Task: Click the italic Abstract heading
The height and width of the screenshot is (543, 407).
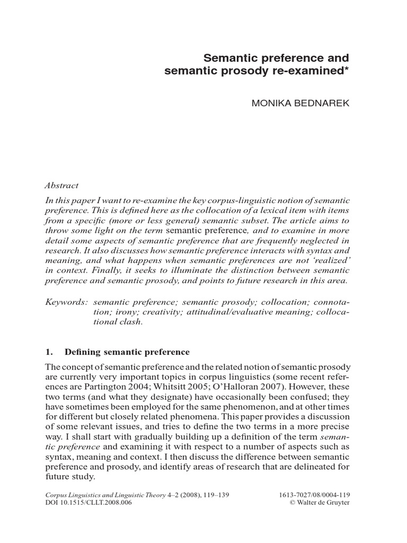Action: (x=61, y=186)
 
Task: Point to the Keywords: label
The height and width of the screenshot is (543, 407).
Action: (x=65, y=301)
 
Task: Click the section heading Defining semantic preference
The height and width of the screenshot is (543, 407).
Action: (x=127, y=352)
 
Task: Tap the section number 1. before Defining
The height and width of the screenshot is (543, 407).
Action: (x=46, y=352)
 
